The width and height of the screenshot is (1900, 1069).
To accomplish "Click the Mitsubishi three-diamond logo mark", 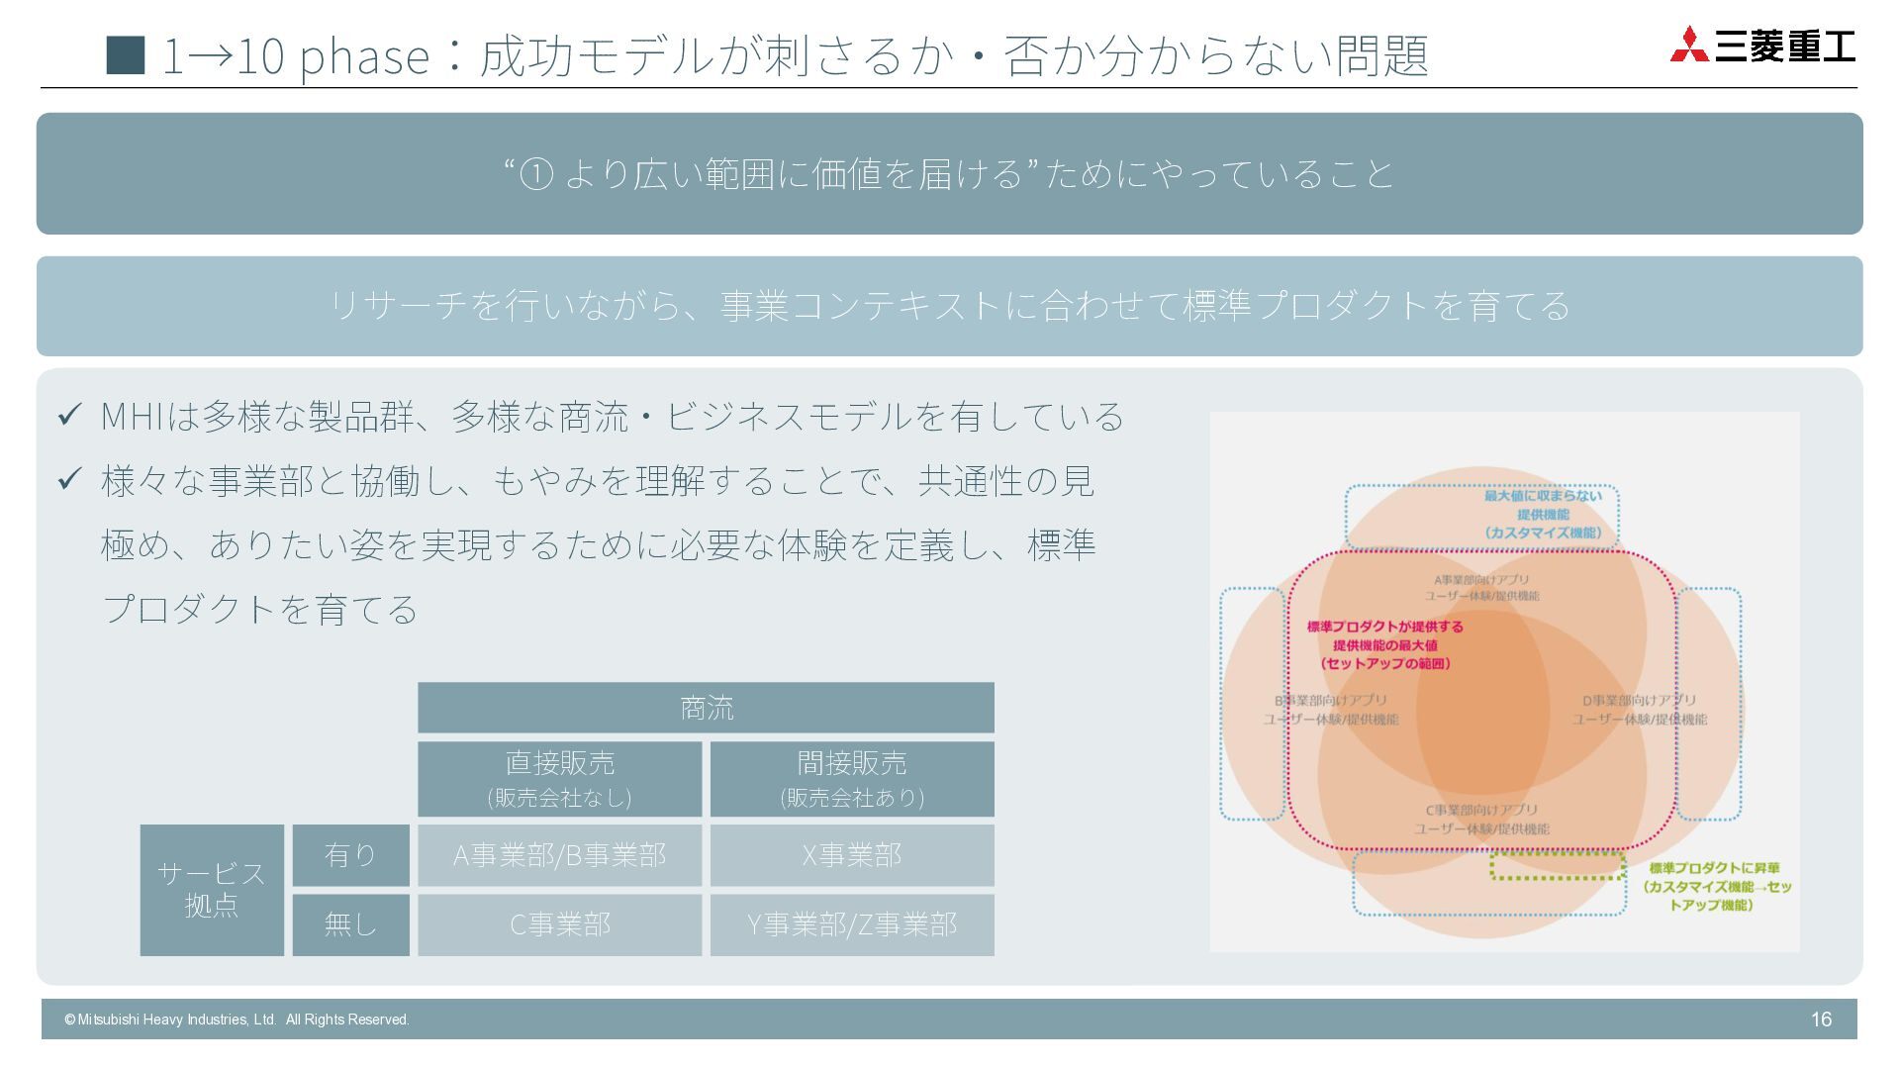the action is point(1689,46).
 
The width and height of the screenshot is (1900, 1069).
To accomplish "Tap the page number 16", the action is point(1821,1020).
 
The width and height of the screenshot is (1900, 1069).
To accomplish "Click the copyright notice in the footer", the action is point(237,1020).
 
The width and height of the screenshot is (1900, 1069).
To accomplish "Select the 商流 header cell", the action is point(706,708).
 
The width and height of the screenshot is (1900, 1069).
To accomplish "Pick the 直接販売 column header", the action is point(559,779).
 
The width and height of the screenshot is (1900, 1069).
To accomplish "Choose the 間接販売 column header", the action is point(852,779).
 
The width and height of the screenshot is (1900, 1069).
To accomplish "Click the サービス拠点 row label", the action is point(212,890).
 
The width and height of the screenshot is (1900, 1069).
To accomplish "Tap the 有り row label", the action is point(350,855).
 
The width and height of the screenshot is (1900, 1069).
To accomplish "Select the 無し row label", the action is point(350,924).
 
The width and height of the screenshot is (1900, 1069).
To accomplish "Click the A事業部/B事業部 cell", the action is point(559,855).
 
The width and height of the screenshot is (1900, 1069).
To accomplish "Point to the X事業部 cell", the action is point(852,855).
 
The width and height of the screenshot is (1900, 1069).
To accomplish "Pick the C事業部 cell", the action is point(559,924).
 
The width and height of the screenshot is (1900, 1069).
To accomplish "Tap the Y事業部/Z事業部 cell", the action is point(852,924).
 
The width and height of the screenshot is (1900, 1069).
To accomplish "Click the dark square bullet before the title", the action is point(125,55).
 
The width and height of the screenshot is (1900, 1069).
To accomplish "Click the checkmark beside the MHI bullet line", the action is point(69,416).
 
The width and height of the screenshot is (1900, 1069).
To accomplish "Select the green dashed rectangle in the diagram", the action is point(1558,866).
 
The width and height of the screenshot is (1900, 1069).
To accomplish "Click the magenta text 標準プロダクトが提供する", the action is point(1384,627).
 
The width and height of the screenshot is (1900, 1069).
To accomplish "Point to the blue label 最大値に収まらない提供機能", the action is point(1542,514).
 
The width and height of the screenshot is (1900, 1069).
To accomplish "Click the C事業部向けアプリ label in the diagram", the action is point(1481,819).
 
